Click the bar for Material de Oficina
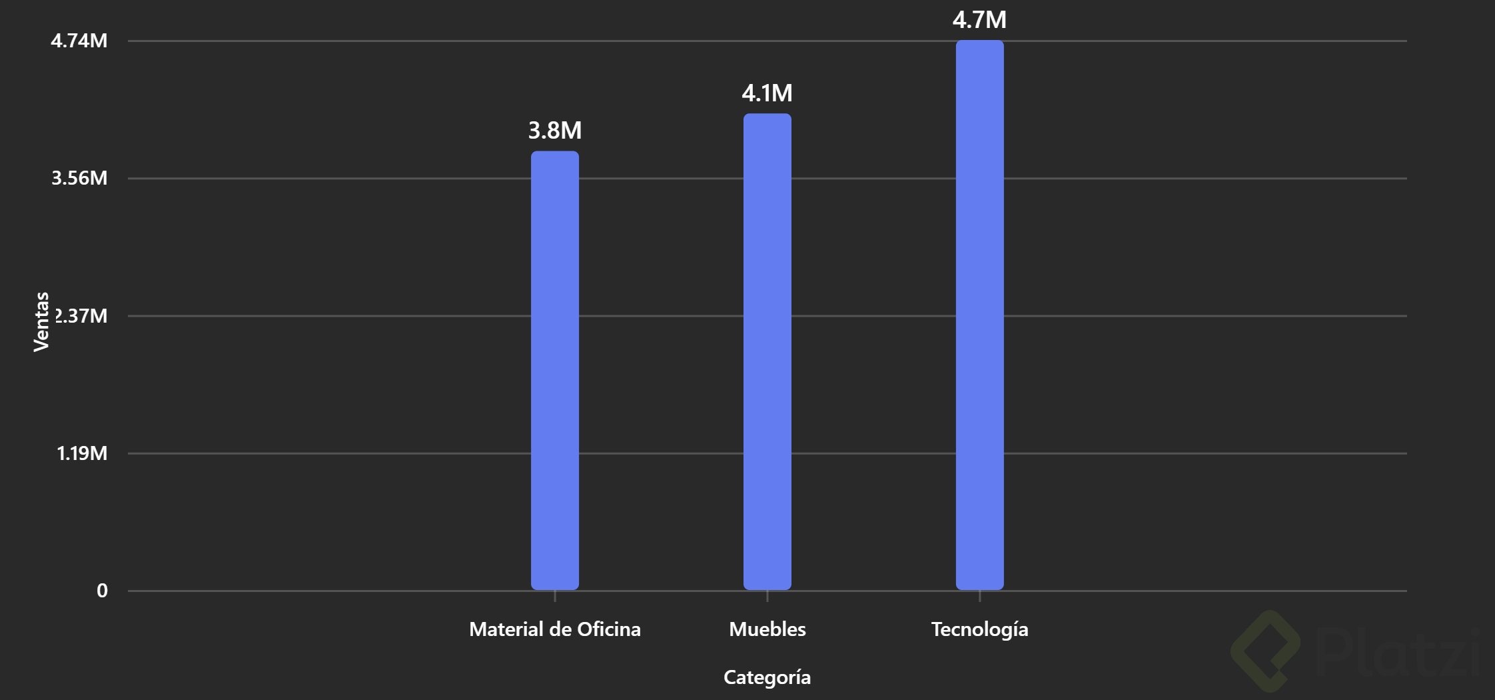pyautogui.click(x=554, y=371)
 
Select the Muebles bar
pyautogui.click(x=767, y=352)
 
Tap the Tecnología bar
pyautogui.click(x=979, y=315)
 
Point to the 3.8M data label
pyautogui.click(x=554, y=130)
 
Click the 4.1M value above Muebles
pyautogui.click(x=767, y=93)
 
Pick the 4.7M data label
pyautogui.click(x=979, y=20)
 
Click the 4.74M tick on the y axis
pyautogui.click(x=79, y=41)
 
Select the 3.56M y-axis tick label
pyautogui.click(x=79, y=178)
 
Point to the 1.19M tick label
pyautogui.click(x=82, y=453)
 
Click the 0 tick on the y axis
pyautogui.click(x=102, y=591)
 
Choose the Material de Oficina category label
pyautogui.click(x=554, y=629)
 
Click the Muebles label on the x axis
pyautogui.click(x=767, y=629)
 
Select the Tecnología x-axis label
pyautogui.click(x=979, y=629)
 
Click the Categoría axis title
pyautogui.click(x=767, y=677)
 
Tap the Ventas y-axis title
pyautogui.click(x=41, y=321)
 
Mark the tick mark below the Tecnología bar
pyautogui.click(x=979, y=596)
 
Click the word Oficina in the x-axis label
pyautogui.click(x=609, y=629)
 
